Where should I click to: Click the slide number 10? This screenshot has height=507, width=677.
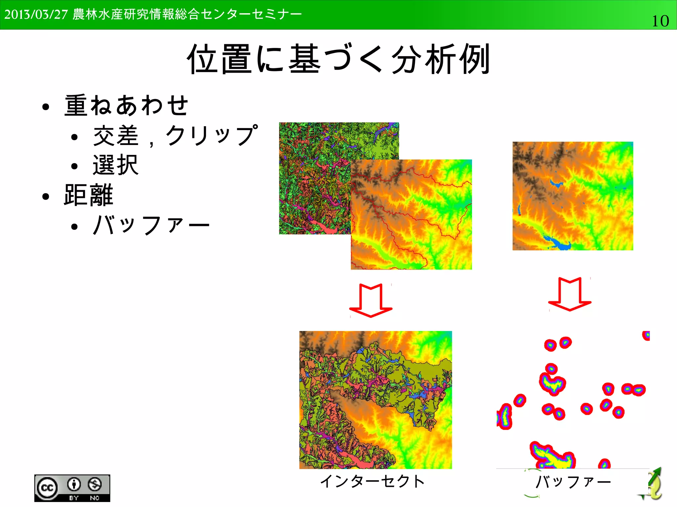coord(660,21)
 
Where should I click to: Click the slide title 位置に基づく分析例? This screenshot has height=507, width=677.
coord(338,59)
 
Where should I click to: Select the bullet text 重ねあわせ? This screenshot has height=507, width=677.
coord(126,105)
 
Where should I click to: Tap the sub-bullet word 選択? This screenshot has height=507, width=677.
coord(115,165)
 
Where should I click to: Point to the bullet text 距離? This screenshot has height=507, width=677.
coord(89,195)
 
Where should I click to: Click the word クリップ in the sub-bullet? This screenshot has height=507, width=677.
coord(212,135)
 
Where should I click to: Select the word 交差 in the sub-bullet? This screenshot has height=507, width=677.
coord(116,135)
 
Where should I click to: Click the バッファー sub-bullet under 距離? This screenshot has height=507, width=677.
coord(151,225)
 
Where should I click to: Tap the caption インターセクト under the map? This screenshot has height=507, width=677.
coord(373,481)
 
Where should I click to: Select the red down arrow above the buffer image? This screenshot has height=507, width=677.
coord(570,294)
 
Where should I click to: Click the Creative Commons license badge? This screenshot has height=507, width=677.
coord(72,488)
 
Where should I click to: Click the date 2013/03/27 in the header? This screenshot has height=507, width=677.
coord(36,15)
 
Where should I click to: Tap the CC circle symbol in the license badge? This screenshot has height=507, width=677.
coord(47,488)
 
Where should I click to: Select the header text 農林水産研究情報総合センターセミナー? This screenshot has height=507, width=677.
coord(187,15)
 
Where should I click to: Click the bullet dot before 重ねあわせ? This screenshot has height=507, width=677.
coord(46,107)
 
